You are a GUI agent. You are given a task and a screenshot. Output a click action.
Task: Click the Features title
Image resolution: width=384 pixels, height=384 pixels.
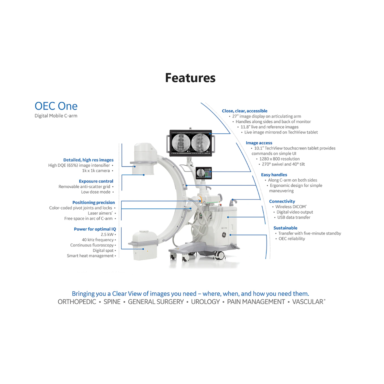point(190,78)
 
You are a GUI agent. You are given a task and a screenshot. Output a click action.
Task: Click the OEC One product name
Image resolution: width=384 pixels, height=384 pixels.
point(56,106)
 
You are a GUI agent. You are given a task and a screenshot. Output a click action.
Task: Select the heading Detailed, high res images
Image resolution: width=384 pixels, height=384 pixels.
point(88,160)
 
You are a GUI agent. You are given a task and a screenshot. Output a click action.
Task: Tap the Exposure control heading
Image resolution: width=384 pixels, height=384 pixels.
point(96,181)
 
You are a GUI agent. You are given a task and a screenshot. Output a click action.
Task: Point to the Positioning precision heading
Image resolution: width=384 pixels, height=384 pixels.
point(94,202)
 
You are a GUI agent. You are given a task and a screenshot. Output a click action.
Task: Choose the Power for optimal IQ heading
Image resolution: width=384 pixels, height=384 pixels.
point(95,229)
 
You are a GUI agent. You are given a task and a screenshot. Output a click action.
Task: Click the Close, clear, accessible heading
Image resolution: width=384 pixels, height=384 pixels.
point(244,111)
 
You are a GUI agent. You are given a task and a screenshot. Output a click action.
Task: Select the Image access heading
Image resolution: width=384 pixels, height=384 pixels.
point(259,143)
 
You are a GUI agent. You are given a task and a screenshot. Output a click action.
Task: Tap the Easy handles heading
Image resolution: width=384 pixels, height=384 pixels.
point(274,175)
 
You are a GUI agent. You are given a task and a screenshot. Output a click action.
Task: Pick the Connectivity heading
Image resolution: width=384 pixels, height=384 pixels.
point(282,201)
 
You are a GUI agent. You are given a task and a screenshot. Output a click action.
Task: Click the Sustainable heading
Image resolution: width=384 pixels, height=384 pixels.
point(285,228)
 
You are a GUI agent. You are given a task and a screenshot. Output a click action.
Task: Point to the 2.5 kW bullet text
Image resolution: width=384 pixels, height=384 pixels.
point(107,234)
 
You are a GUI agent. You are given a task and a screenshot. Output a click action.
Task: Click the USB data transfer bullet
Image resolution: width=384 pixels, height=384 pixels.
point(294,217)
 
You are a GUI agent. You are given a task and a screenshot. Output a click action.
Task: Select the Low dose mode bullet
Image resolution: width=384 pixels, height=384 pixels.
point(96,192)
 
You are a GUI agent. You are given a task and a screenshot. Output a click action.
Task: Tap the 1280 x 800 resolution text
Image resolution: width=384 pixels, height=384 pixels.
point(280,159)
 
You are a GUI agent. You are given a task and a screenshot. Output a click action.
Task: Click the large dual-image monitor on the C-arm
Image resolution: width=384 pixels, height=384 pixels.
point(191,143)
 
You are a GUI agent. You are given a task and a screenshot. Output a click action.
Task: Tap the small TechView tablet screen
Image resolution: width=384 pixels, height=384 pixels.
point(204,173)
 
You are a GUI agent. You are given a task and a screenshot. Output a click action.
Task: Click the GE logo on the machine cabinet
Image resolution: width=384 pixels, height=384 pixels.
point(224,235)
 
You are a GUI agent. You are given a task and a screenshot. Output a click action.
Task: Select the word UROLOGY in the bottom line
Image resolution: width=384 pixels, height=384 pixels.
point(205,302)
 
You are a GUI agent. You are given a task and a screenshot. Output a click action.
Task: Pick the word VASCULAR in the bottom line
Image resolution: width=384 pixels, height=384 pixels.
point(308,302)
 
